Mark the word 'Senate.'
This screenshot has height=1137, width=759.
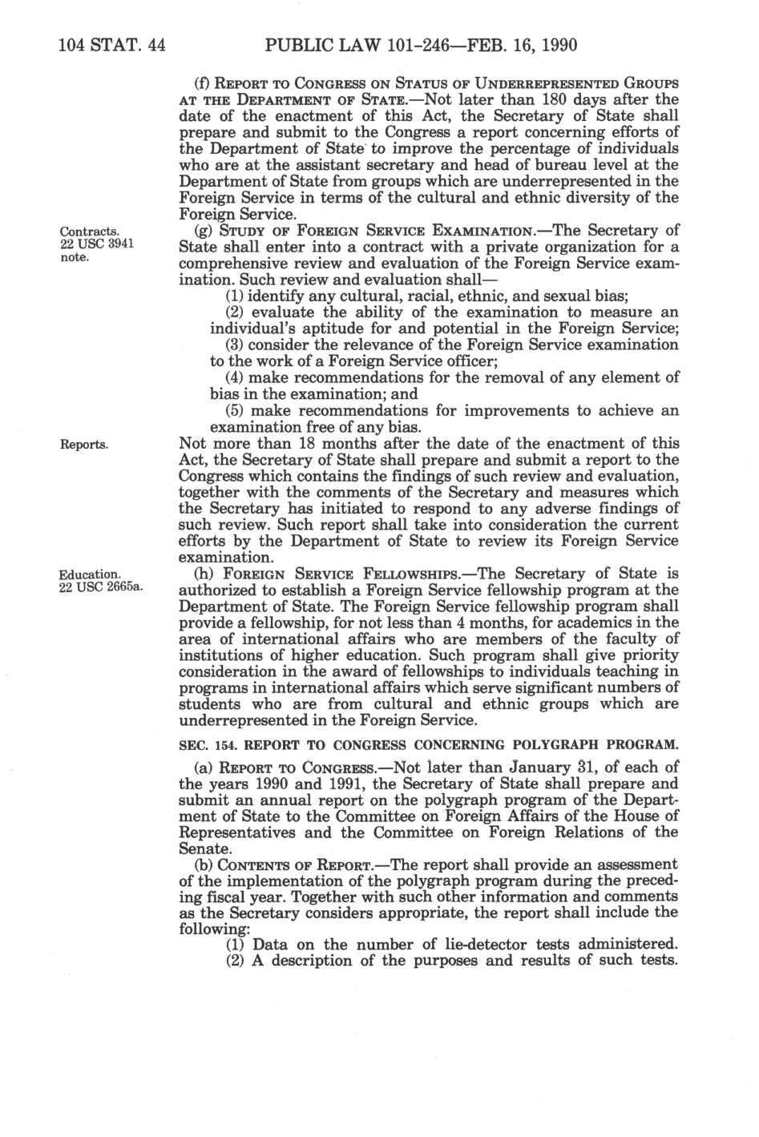pyautogui.click(x=204, y=847)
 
